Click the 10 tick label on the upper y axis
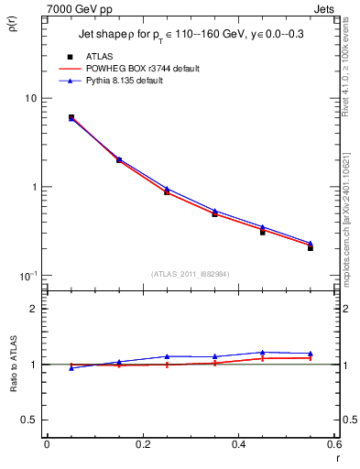coord(28,99)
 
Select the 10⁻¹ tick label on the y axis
coord(27,276)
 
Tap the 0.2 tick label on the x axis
coord(143,444)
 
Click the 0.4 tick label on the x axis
coord(238,444)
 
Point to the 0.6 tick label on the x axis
coord(333,444)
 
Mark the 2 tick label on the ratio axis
coord(33,309)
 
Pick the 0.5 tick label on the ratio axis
coord(29,420)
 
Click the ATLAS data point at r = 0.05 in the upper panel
coord(71,117)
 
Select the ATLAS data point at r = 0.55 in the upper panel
coord(311,248)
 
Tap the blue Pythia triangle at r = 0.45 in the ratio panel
coord(263,353)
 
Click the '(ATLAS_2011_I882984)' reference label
coord(191,274)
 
